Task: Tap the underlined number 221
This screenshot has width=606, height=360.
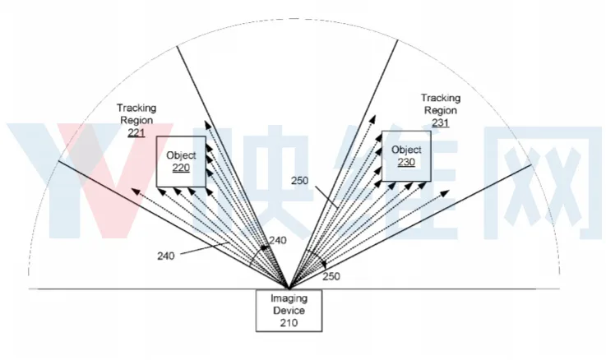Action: pos(136,133)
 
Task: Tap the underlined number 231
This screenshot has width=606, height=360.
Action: pos(440,122)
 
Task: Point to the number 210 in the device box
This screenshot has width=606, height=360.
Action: pos(289,323)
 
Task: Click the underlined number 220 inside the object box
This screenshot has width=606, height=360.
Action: pos(181,168)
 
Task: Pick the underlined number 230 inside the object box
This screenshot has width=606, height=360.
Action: pos(406,162)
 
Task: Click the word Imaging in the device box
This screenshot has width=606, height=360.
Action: pos(289,298)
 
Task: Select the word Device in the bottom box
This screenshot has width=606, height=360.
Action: pos(289,311)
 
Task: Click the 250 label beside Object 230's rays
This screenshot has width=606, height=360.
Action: pos(299,180)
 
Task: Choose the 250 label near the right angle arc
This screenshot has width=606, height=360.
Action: pos(331,276)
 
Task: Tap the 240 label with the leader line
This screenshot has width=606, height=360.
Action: pos(166,256)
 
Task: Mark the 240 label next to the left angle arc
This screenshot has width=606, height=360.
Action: pos(277,240)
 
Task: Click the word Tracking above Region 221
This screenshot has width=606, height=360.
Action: pos(136,108)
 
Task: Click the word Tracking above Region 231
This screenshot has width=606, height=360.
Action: pos(441,98)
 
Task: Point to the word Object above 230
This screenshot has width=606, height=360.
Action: pos(406,150)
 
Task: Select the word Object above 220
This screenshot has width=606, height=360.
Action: pos(181,155)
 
